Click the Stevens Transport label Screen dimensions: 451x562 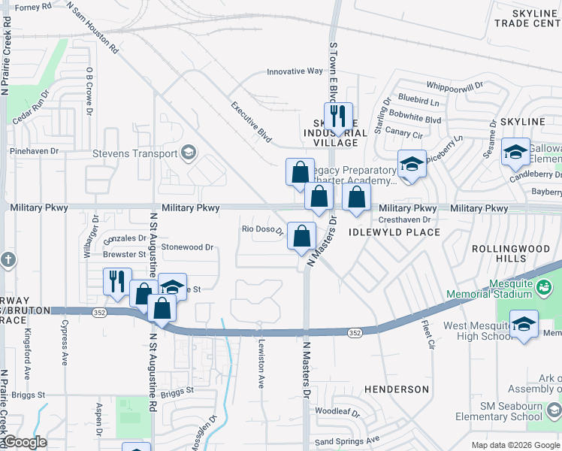[x=134, y=154]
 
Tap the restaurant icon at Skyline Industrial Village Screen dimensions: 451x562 [x=337, y=117]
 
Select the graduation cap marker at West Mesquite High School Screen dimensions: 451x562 [x=524, y=325]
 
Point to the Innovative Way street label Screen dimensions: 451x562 [x=295, y=72]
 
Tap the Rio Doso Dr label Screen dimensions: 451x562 [x=261, y=229]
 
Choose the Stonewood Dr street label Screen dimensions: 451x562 [x=187, y=247]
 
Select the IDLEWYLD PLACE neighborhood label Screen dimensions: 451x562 [x=394, y=232]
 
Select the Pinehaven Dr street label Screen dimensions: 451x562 [x=34, y=151]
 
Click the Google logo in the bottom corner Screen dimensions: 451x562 [x=24, y=442]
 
